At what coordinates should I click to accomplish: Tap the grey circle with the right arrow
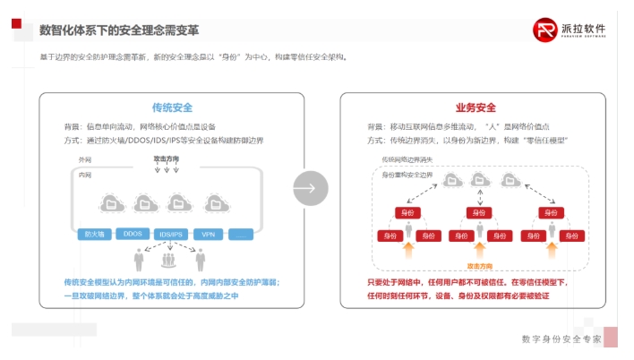coord(311,188)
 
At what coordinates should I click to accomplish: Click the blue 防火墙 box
coord(92,234)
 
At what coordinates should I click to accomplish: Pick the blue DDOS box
coord(133,234)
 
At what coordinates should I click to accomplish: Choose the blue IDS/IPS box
coord(170,234)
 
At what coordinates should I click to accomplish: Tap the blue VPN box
coord(208,234)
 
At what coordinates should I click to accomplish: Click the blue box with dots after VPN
coord(242,234)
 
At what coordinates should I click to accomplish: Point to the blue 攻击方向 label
coord(167,159)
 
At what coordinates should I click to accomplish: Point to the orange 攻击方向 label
coord(481,266)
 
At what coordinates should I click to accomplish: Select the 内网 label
coord(86,174)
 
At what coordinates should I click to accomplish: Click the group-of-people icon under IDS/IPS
coord(167,261)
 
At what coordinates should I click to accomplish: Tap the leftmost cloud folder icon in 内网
coord(112,203)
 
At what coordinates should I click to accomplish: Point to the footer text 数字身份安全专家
coord(561,339)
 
